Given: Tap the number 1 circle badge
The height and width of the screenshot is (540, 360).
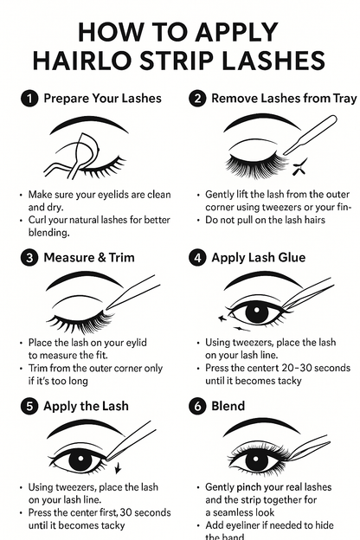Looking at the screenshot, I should click(29, 99).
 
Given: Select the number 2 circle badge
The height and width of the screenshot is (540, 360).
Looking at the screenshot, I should click(196, 99).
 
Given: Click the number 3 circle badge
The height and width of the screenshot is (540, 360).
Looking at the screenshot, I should click(29, 258).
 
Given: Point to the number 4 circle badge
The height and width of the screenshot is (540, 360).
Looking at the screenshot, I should click(196, 258).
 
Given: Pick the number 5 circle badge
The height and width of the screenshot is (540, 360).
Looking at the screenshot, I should click(29, 406).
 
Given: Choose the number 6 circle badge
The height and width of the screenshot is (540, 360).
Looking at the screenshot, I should click(196, 406).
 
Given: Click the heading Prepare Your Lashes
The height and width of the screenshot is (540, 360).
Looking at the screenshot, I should click(102, 99).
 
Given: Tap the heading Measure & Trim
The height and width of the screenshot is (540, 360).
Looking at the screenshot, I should click(89, 258).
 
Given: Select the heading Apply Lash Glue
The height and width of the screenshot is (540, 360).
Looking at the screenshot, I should click(258, 258).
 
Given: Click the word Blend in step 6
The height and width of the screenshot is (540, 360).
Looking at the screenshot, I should click(228, 406).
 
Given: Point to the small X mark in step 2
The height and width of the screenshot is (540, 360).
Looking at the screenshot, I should click(299, 164).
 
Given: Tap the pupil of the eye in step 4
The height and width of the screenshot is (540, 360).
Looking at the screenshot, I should click(256, 312).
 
